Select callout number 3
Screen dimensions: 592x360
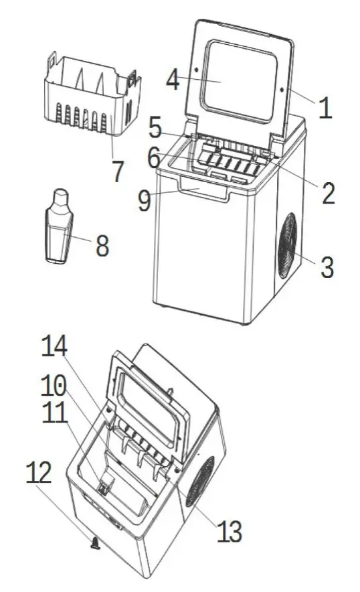pos(326,267)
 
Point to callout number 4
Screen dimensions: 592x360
pos(173,80)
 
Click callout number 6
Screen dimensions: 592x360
pos(154,158)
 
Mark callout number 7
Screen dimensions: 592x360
pos(118,171)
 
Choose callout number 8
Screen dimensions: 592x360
pos(102,246)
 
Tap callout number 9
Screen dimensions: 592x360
pos(144,201)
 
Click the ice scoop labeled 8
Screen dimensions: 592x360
pos(60,228)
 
